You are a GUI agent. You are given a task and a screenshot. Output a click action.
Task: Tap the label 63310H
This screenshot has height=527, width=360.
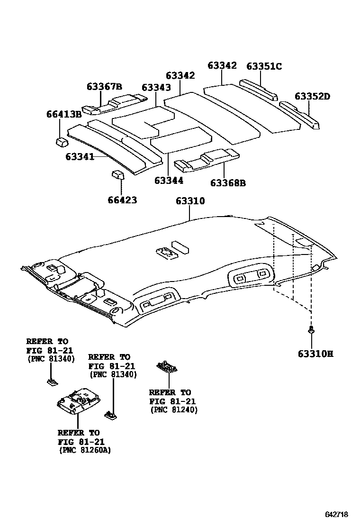tap(315, 354)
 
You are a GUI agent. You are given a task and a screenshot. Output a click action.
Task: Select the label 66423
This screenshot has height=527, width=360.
tap(122, 200)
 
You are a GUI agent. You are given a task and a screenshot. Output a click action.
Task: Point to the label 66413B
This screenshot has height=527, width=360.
tap(64, 114)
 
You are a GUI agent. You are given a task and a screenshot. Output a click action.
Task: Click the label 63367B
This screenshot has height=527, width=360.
tap(104, 86)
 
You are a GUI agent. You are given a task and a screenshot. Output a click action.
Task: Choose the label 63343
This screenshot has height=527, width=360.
tap(156, 88)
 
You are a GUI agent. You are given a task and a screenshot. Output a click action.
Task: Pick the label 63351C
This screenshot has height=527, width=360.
tap(264, 66)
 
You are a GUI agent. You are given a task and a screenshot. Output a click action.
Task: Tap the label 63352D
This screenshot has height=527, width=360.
tap(312, 96)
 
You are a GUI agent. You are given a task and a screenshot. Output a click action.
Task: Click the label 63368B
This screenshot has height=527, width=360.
tap(228, 183)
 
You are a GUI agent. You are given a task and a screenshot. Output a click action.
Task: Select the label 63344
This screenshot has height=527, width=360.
tap(169, 181)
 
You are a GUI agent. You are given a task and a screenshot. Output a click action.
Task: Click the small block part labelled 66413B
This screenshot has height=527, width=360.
tap(61, 141)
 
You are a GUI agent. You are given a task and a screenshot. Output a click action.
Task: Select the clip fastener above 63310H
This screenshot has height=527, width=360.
tap(311, 330)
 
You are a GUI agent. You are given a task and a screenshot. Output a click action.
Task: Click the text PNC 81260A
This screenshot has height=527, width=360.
tap(85, 451)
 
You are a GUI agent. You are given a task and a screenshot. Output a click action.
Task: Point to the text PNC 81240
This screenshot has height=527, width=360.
tap(174, 410)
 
